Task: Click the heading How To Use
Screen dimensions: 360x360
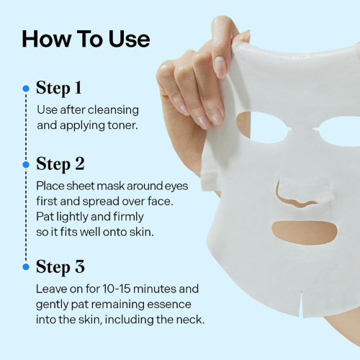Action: click(86, 39)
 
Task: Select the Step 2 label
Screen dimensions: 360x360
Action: click(60, 163)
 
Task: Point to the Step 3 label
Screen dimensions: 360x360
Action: click(60, 267)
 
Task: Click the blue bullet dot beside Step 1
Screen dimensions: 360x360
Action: click(26, 89)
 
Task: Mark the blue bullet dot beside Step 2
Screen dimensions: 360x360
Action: click(26, 164)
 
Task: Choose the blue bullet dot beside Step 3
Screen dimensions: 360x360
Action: click(26, 267)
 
